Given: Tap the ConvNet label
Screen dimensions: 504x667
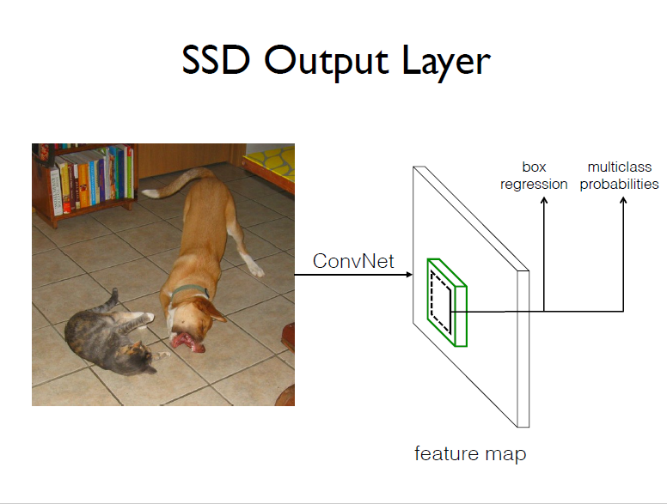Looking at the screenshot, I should tap(353, 261).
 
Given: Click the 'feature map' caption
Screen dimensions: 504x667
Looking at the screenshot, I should tap(469, 453).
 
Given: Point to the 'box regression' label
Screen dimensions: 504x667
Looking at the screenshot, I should tap(534, 175).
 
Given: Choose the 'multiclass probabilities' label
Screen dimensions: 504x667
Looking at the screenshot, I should tap(619, 175).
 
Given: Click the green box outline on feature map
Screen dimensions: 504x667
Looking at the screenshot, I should tap(447, 301).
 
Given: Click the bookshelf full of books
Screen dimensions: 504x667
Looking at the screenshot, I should tap(85, 179).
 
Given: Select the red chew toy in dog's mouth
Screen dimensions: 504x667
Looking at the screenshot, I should tap(187, 343).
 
